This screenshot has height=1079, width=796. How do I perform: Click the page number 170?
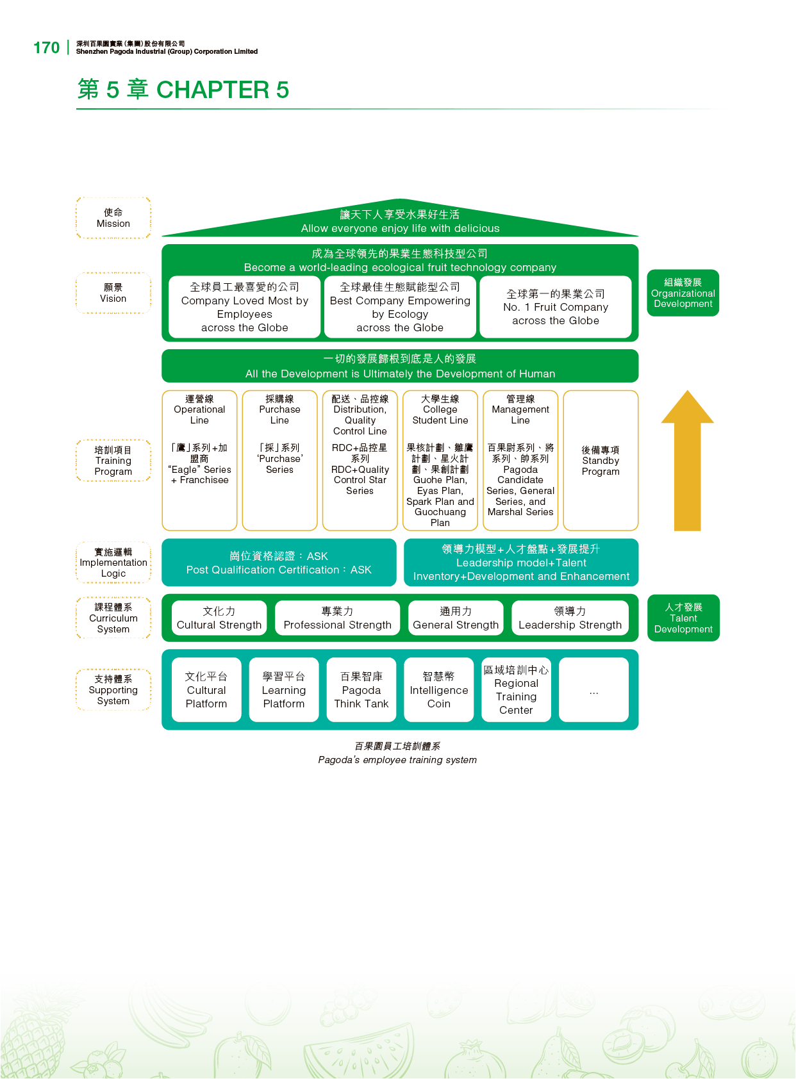coord(46,48)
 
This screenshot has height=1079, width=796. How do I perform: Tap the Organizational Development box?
coord(683,293)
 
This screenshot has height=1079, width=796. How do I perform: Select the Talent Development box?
coord(683,618)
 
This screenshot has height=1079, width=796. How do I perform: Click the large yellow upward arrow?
coord(687,461)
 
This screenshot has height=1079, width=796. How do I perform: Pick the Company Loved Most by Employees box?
coord(244,307)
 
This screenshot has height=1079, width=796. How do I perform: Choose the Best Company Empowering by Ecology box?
coord(400,307)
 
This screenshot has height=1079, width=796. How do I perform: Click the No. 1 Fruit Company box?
coord(556,307)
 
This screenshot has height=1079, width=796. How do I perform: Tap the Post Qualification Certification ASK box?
coord(279,563)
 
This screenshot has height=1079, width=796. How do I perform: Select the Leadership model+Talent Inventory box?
coord(521,563)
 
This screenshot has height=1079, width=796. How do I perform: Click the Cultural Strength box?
coord(219,618)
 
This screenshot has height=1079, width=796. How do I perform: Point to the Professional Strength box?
coord(337,618)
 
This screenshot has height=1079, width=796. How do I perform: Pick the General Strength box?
coord(456,618)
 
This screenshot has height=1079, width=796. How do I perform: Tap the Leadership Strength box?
coord(570,618)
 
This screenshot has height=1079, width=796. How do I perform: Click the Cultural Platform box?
coord(206,689)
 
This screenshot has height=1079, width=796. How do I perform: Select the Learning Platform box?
coord(284,689)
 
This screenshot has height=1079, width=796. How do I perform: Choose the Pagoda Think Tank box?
coord(361,689)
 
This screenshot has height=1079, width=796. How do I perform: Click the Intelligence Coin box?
coord(439,689)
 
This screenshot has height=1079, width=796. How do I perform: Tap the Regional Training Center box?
coord(516,689)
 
